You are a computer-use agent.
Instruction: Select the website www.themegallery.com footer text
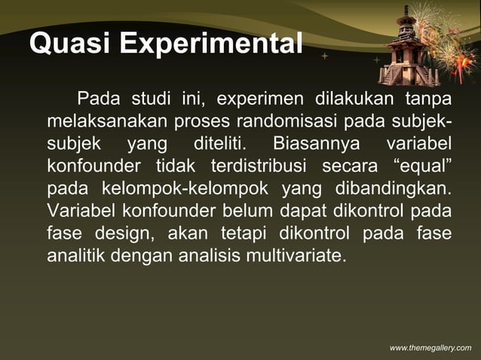[x=430, y=346]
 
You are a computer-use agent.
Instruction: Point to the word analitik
[x=76, y=255]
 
